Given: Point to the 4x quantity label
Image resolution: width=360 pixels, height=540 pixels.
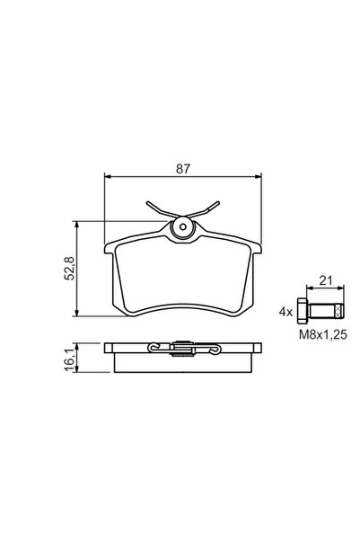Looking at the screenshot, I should (285, 313).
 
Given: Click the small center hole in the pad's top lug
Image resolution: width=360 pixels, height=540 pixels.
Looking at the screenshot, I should (184, 228).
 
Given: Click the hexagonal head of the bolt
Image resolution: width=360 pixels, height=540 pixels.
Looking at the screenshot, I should (305, 312).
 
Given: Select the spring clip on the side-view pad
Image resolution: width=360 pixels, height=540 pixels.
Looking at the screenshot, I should (182, 349).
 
